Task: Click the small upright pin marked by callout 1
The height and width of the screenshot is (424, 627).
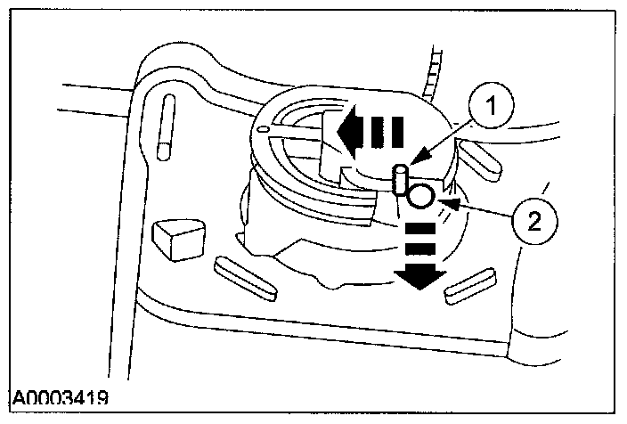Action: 401,179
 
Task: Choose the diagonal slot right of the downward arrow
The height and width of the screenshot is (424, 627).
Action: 469,282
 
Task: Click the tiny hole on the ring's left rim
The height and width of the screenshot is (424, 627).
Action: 262,132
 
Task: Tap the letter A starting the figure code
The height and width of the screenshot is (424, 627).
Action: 20,396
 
